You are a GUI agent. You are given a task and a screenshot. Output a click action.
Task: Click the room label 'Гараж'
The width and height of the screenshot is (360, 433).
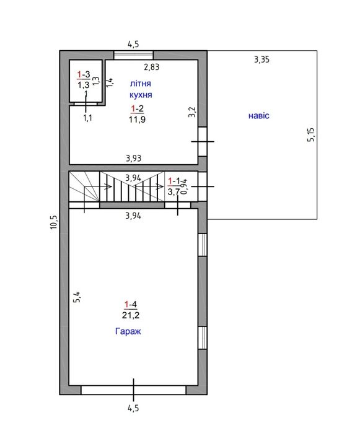click(x=128, y=331)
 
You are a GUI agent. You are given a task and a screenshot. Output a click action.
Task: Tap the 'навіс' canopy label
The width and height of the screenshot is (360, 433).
click(x=258, y=115)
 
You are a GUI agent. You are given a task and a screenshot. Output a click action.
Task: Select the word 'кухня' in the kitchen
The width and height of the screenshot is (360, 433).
click(x=141, y=95)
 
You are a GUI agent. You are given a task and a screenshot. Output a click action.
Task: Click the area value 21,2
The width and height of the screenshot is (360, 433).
click(x=130, y=315)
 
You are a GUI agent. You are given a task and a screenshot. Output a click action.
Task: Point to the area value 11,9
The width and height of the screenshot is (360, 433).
click(x=137, y=120)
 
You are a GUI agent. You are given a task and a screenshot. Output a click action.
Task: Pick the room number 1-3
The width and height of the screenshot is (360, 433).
click(x=84, y=74)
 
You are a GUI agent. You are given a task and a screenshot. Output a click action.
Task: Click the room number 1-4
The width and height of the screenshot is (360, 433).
click(x=130, y=305)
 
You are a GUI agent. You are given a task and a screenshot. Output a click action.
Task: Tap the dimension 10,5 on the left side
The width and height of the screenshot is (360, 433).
click(x=54, y=222)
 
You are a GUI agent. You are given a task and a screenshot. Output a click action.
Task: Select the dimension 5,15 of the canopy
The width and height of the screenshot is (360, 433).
click(x=311, y=134)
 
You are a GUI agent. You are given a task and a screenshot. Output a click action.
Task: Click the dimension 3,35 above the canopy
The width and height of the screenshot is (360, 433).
click(x=261, y=59)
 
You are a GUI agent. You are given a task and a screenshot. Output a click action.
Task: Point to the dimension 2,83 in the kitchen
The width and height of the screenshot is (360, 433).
click(x=152, y=67)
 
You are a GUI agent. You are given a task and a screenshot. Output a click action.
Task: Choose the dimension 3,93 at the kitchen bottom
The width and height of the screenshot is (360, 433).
click(x=133, y=158)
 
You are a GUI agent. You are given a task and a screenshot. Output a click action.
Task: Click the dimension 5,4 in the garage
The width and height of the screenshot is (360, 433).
click(x=77, y=297)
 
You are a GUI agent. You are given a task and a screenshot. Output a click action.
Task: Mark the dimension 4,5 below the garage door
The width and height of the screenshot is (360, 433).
click(x=133, y=408)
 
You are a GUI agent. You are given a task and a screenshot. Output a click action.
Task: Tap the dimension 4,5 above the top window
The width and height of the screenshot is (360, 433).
click(x=133, y=44)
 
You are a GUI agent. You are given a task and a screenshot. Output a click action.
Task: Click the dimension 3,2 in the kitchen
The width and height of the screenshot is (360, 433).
click(x=192, y=112)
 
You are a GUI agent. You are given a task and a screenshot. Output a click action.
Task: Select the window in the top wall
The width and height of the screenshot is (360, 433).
click(x=133, y=55)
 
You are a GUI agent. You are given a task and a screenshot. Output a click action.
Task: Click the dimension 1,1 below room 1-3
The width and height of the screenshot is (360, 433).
click(x=88, y=118)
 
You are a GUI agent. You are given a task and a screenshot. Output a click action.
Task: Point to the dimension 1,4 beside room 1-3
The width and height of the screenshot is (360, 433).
click(x=110, y=82)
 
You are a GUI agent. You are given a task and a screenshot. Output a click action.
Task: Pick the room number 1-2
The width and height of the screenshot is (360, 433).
click(x=137, y=109)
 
